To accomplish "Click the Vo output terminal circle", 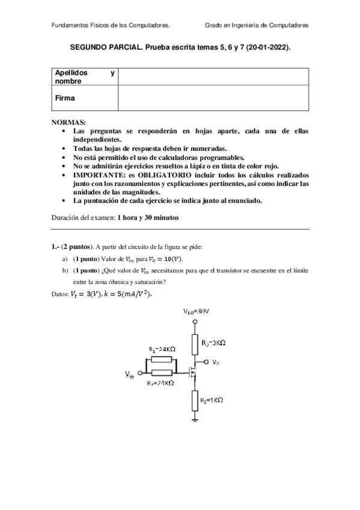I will pos(206,362).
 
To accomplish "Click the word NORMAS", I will pos(69,121).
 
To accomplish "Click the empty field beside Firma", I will pos(213,97).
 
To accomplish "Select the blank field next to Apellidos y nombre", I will pos(213,76).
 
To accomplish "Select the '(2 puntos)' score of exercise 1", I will pos(81,247).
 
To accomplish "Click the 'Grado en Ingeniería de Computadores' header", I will pos(257,26).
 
